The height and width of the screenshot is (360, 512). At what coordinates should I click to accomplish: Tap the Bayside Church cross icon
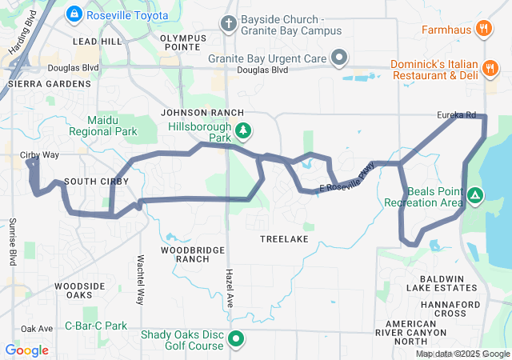(x=229, y=24)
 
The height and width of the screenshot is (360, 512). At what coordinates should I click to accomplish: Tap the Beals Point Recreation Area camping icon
(x=474, y=194)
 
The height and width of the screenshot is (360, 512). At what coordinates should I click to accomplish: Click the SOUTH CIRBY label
(x=92, y=182)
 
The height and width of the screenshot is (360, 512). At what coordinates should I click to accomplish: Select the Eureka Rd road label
(x=456, y=115)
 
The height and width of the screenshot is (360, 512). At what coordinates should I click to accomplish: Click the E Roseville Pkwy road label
(x=347, y=177)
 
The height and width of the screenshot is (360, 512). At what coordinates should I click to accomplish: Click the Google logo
(x=26, y=350)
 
